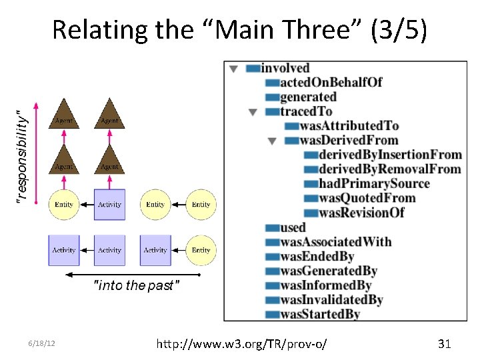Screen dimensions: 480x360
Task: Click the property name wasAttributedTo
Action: pyautogui.click(x=349, y=125)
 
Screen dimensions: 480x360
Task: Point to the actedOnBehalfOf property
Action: pyautogui.click(x=331, y=82)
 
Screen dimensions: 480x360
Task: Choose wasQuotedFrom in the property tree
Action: pyautogui.click(x=367, y=198)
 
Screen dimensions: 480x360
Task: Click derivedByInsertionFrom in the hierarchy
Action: pyautogui.click(x=390, y=155)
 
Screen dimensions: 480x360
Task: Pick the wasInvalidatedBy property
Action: pyautogui.click(x=331, y=300)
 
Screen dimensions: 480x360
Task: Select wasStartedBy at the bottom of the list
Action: pyautogui.click(x=320, y=314)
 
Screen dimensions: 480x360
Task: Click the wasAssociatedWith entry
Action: pyautogui.click(x=335, y=241)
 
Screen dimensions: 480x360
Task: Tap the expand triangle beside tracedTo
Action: pyautogui.click(x=253, y=112)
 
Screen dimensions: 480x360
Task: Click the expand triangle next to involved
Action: pyautogui.click(x=233, y=68)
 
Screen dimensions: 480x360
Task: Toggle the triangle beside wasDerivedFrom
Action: pyautogui.click(x=271, y=141)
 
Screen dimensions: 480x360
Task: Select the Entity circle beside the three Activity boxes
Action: pyautogui.click(x=201, y=250)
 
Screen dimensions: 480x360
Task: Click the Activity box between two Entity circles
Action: pyautogui.click(x=109, y=204)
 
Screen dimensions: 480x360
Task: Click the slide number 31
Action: pyautogui.click(x=444, y=344)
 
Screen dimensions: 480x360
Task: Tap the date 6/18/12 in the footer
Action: pyautogui.click(x=41, y=344)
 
